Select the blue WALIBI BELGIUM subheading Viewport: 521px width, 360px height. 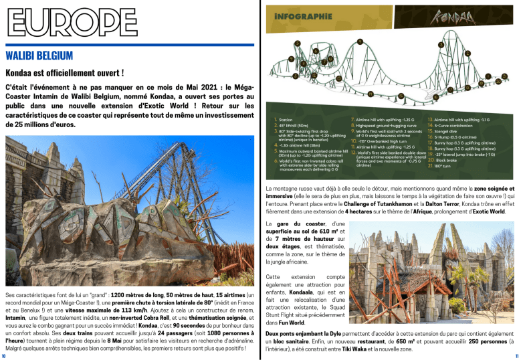click(46, 54)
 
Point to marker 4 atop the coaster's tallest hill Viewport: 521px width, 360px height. click(360, 42)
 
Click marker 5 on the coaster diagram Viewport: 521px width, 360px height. click(296, 43)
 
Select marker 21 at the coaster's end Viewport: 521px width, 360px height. click(504, 76)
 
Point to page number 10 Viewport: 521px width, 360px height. click(5, 355)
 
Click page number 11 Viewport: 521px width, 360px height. click(516, 355)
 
